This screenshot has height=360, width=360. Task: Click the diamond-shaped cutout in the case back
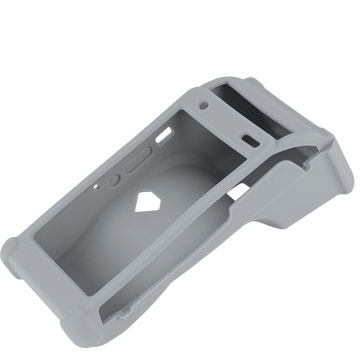tap(150, 201)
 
